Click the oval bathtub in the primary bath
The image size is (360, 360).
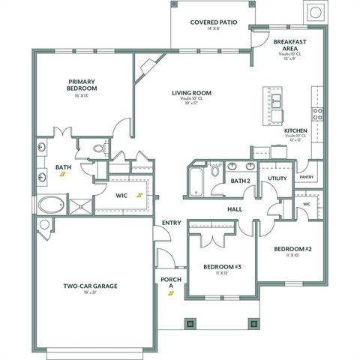[x=50, y=204]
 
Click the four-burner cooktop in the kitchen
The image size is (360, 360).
[x=318, y=114]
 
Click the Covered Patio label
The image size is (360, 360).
[x=213, y=22]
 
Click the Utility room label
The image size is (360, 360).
[x=277, y=178]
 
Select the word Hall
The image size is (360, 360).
[x=235, y=209]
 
